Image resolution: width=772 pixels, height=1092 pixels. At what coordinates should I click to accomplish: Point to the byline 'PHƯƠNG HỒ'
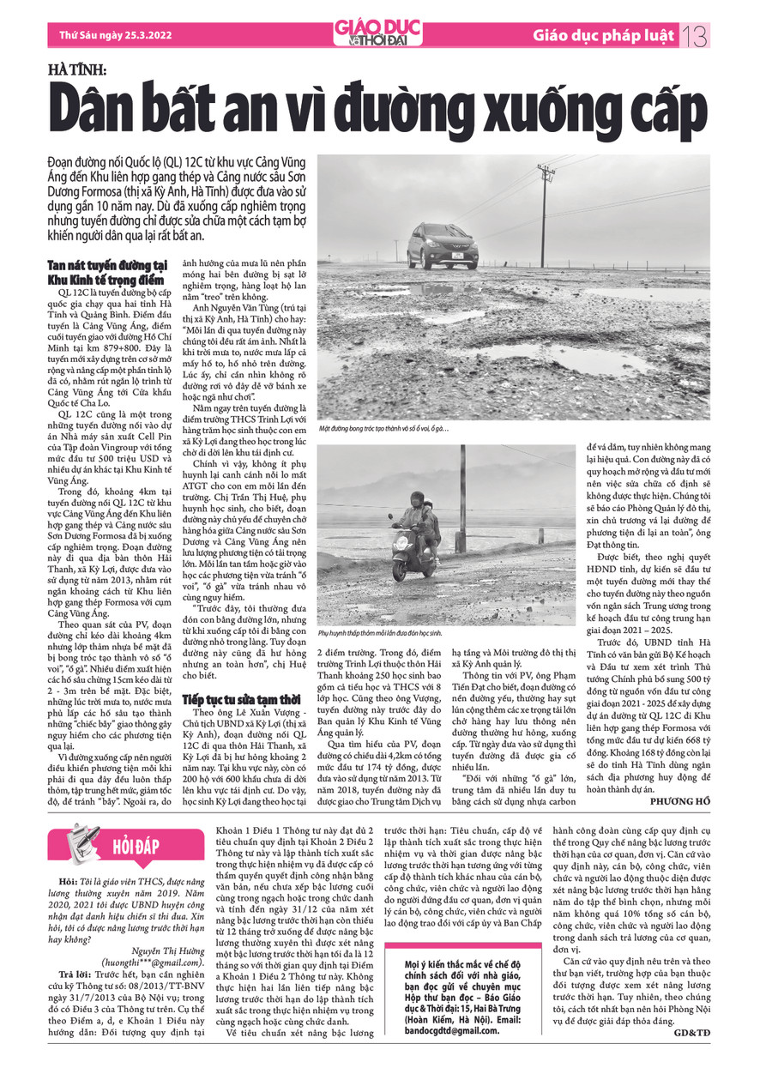[x=681, y=800]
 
